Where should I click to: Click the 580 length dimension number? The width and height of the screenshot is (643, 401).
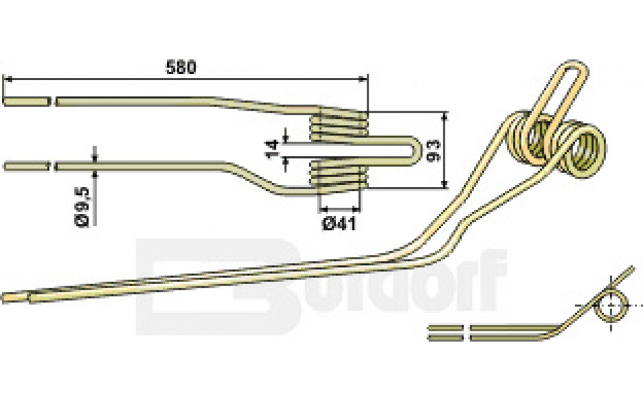pyautogui.click(x=181, y=67)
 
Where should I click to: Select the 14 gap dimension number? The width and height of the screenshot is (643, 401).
pyautogui.click(x=272, y=149)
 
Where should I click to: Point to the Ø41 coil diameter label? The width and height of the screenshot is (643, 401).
pyautogui.click(x=339, y=223)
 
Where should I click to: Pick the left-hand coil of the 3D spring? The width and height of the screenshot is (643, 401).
pyautogui.click(x=529, y=137)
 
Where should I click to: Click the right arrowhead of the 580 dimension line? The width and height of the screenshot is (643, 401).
pyautogui.click(x=363, y=79)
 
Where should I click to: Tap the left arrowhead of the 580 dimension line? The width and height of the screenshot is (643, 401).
pyautogui.click(x=8, y=79)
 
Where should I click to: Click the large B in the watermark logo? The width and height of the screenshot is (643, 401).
pyautogui.click(x=217, y=286)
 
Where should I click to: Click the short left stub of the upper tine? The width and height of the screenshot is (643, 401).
pyautogui.click(x=27, y=101)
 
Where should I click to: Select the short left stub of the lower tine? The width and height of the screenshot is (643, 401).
pyautogui.click(x=27, y=166)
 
